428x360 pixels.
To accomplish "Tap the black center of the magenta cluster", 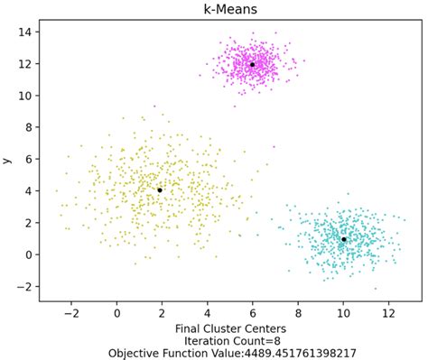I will [252, 65].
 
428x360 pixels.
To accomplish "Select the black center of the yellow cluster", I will [160, 190].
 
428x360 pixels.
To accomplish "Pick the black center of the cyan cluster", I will [344, 239].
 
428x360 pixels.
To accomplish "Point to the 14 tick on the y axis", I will [25, 32].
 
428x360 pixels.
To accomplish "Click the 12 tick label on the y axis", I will [25, 64].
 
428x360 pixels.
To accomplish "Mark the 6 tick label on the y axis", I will [29, 159].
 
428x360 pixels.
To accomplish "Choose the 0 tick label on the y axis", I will [29, 254].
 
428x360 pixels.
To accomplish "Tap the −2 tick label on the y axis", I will [25, 286].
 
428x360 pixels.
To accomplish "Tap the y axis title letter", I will [8, 160].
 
